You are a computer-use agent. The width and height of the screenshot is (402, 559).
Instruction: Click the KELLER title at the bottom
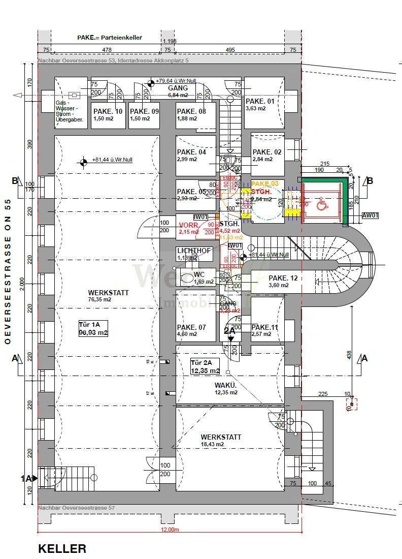pos(62,549)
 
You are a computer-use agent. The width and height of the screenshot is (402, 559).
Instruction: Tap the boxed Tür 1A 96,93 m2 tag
pos(93,328)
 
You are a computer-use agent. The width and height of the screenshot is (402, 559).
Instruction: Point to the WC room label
pos(199,274)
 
